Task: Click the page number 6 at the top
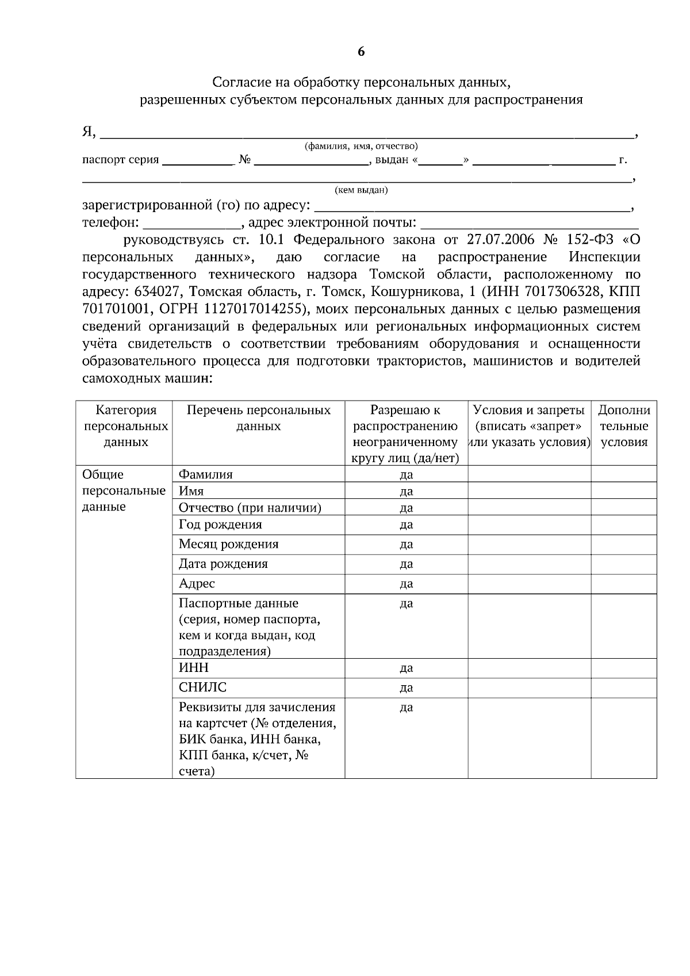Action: tap(361, 52)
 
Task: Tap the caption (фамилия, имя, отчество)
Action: tap(361, 147)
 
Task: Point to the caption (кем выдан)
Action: tap(361, 190)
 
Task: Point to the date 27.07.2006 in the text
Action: tap(501, 239)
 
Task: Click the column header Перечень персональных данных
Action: tap(259, 418)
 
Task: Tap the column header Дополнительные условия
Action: tap(624, 426)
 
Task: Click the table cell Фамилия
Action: tap(206, 475)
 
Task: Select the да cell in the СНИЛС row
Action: tap(406, 688)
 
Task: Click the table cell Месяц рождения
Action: tap(228, 544)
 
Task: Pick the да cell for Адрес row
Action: tap(406, 584)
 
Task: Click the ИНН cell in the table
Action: tap(194, 668)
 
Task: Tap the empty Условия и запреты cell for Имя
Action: tap(529, 491)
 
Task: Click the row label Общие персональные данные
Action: tap(124, 491)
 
